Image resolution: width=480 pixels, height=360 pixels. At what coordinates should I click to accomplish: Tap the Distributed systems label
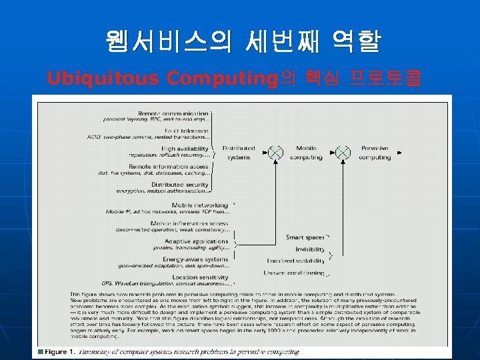[x=238, y=153]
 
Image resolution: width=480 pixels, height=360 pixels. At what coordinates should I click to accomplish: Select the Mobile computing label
[x=306, y=153]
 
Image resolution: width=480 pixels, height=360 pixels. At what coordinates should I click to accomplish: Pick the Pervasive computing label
[x=375, y=153]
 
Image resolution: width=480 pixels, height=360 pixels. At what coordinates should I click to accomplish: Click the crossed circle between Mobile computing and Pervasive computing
[x=343, y=153]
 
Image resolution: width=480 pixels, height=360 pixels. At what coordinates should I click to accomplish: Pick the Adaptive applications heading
[x=197, y=241]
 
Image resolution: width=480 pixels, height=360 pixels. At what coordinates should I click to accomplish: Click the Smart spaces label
[x=305, y=237]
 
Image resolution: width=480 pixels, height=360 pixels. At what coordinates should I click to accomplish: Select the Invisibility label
[x=310, y=249]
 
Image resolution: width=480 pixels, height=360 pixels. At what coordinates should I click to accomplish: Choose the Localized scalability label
[x=296, y=261]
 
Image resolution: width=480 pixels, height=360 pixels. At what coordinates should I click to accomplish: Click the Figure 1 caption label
[x=57, y=351]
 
